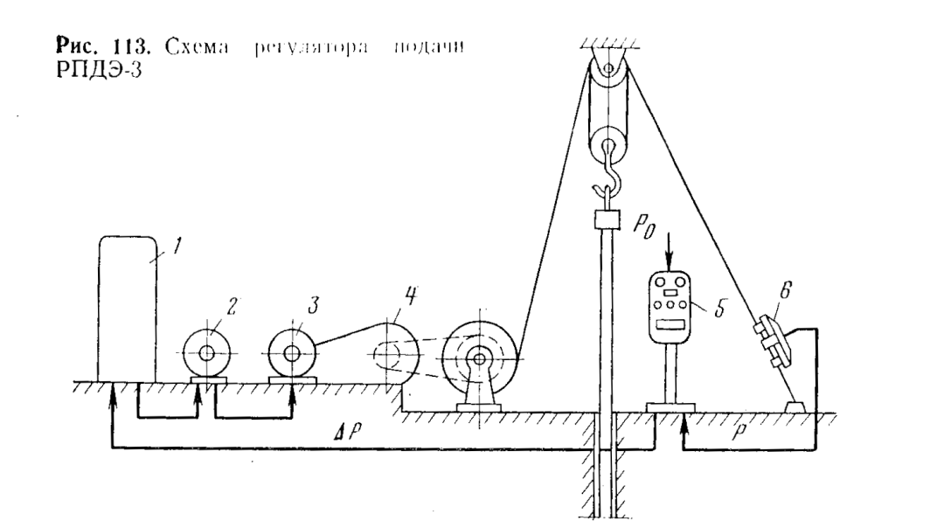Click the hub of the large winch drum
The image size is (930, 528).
pos(478,357)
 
